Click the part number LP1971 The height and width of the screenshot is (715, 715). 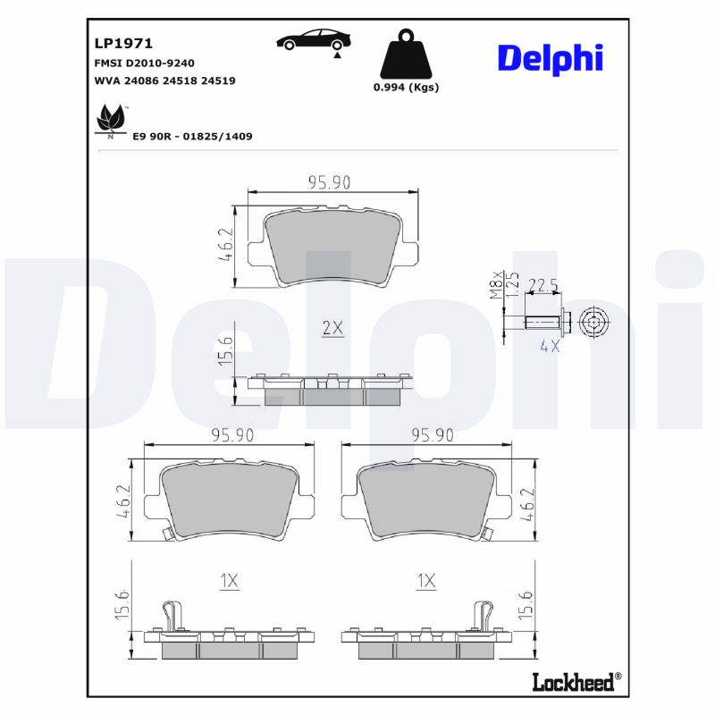pos(123,43)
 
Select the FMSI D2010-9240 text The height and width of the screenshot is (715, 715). pos(144,63)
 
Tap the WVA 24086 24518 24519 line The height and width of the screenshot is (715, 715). pos(164,80)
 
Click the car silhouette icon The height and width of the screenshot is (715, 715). pos(313,40)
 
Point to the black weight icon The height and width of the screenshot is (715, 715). pos(405,55)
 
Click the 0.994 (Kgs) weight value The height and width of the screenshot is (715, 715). pos(406,88)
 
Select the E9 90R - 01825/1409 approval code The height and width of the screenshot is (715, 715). pos(192,136)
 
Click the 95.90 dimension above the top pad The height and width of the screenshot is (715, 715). pos(329,182)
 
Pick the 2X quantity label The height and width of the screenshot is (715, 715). pos(332,328)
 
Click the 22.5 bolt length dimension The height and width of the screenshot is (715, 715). pos(543,285)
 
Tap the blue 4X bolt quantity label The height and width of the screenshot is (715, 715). pos(549,346)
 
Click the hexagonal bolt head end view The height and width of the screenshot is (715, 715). pos(593,322)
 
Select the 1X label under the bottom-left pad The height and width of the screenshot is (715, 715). pos(229,582)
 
